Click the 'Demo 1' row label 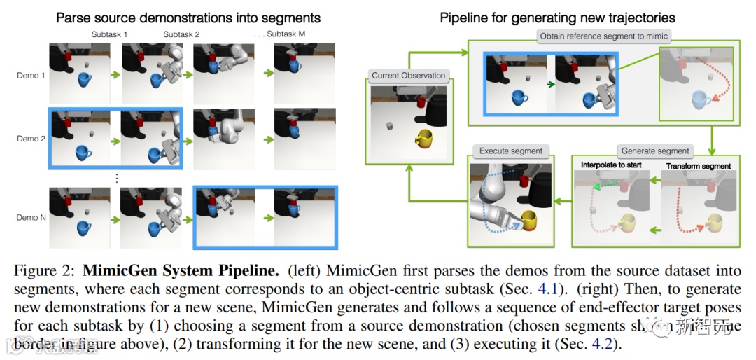coord(31,75)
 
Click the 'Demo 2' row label coord(31,139)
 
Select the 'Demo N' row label coord(31,218)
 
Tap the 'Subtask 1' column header coord(109,34)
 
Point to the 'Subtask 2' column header coord(181,34)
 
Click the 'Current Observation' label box coord(409,76)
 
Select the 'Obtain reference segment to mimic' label coord(603,36)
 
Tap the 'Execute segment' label coord(511,151)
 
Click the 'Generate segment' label coord(655,151)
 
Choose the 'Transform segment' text coord(698,166)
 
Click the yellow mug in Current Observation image coord(425,139)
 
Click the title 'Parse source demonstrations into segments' coord(188,18)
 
